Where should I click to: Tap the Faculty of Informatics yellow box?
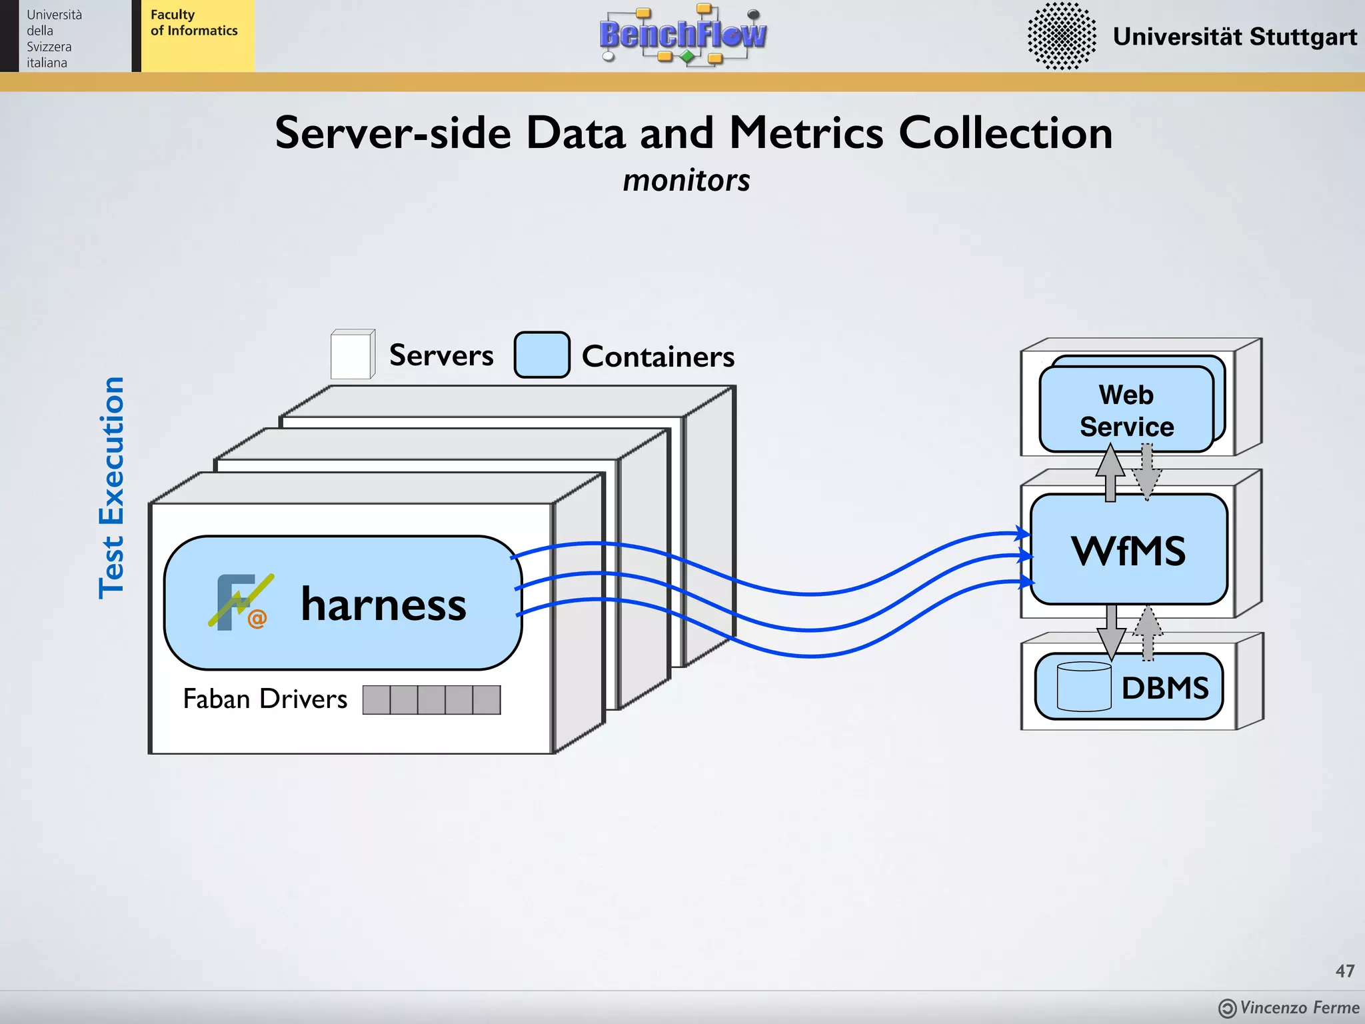point(197,36)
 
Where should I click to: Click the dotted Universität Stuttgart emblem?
point(1062,36)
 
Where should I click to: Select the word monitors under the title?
point(686,181)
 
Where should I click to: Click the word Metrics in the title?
point(806,133)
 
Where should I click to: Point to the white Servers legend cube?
point(352,355)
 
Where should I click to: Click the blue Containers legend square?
point(541,355)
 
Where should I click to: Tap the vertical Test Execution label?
point(112,487)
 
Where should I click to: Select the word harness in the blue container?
point(383,604)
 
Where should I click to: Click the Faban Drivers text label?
point(265,699)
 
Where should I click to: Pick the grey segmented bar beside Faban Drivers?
point(431,699)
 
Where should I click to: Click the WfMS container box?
point(1128,550)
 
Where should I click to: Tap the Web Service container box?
point(1126,410)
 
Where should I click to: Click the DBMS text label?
point(1164,688)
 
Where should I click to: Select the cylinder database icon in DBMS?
point(1084,686)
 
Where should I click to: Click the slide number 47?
point(1344,971)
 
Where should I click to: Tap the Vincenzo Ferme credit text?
point(1298,1007)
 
